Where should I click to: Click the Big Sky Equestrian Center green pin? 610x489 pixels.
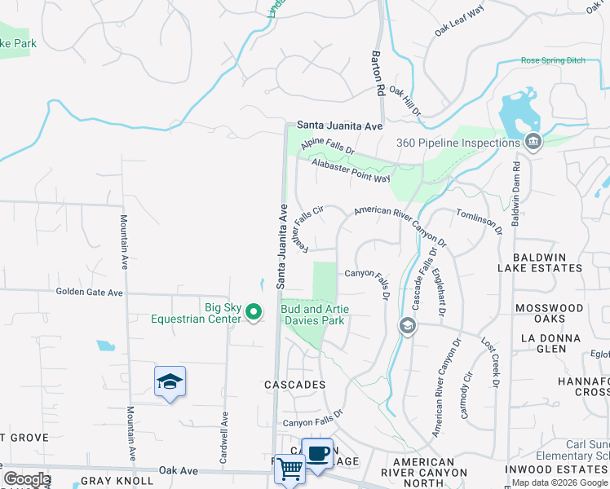[x=254, y=311]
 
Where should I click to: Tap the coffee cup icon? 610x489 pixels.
[x=317, y=453]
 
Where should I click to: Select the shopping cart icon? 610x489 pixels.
[x=290, y=469]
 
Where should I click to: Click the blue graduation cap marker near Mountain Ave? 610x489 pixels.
[x=170, y=381]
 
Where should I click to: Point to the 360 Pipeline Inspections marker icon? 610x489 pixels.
[x=533, y=143]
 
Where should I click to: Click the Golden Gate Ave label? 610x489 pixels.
[x=89, y=292]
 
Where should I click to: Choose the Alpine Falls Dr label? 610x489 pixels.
[x=327, y=147]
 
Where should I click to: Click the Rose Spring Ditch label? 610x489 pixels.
[x=554, y=61]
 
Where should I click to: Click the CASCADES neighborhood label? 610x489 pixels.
[x=294, y=384]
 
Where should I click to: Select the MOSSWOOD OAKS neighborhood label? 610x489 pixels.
[x=549, y=314]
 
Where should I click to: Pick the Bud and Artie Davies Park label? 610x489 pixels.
[x=313, y=315]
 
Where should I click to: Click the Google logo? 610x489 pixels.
[x=26, y=479]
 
